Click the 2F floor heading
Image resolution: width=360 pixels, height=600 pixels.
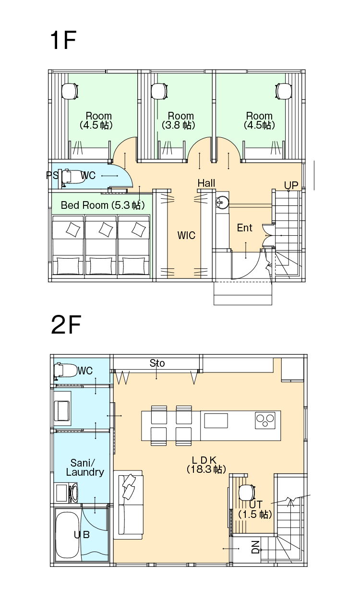click(x=66, y=324)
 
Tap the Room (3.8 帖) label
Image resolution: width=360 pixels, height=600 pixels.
click(x=179, y=120)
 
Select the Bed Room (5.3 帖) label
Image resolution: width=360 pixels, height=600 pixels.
click(x=103, y=205)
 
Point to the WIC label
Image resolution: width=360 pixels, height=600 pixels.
click(x=186, y=236)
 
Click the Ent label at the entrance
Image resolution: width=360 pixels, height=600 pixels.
click(x=244, y=228)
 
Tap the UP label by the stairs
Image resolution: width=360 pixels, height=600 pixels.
click(x=291, y=185)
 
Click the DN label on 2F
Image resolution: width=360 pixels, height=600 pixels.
click(x=256, y=547)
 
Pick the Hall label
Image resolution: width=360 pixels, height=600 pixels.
click(x=206, y=183)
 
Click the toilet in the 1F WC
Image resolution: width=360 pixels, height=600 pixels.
click(x=73, y=177)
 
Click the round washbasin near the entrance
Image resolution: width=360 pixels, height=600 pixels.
click(x=222, y=202)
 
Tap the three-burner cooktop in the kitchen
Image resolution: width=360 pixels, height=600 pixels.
click(x=265, y=420)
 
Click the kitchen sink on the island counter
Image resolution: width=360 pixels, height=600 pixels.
click(x=216, y=421)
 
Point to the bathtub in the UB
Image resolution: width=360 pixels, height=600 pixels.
click(x=68, y=535)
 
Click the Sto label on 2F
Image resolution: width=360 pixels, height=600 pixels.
click(x=157, y=363)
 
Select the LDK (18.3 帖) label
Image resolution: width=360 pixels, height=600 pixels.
click(x=206, y=465)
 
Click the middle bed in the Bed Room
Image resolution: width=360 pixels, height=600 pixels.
click(x=101, y=245)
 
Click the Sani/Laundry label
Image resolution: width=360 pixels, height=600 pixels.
click(x=85, y=468)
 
